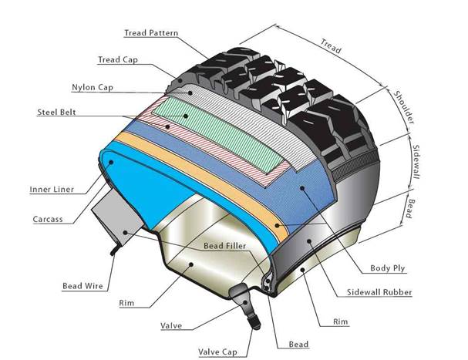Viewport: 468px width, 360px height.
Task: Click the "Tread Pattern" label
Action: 151,33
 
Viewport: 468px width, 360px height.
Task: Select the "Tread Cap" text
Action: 118,59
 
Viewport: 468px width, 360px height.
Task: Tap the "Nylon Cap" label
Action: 93,87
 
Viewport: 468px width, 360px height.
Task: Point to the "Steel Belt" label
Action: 56,113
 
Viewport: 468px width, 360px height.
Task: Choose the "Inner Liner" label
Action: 52,190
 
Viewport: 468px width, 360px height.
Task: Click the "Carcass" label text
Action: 48,219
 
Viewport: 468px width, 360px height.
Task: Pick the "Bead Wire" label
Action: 82,286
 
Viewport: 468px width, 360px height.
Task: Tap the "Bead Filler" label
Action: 224,246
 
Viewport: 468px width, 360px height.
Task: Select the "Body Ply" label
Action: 387,268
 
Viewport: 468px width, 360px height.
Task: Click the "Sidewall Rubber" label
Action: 379,292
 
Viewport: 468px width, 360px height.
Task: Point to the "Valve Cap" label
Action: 218,352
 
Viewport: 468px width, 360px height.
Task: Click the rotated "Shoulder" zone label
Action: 404,107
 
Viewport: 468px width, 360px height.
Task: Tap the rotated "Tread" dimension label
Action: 331,46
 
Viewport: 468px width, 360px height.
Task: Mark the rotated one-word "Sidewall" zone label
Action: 416,162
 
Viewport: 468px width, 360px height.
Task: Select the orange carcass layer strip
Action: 203,182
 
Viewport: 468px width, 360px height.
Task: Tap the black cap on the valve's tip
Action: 256,325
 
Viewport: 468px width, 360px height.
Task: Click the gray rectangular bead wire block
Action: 117,217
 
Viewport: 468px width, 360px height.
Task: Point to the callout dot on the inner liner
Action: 111,162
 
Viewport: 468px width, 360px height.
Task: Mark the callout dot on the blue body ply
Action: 302,188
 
